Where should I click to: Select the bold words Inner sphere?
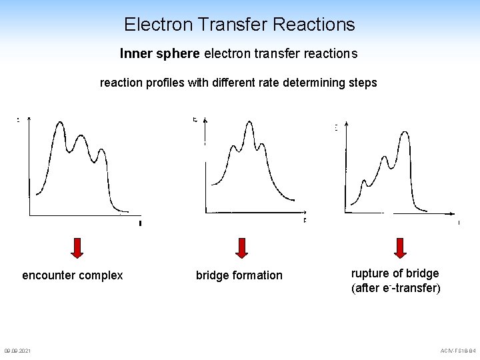pos(159,53)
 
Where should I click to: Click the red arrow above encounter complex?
pos(77,247)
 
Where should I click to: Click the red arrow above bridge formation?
pos(242,247)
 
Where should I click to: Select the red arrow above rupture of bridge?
pos(400,247)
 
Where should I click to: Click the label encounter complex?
pos(73,275)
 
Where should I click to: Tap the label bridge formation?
pos(239,275)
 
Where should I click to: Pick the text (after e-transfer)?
pos(396,289)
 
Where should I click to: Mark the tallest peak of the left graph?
pos(60,122)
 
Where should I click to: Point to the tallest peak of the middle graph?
pos(249,122)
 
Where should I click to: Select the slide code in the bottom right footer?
pos(458,351)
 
